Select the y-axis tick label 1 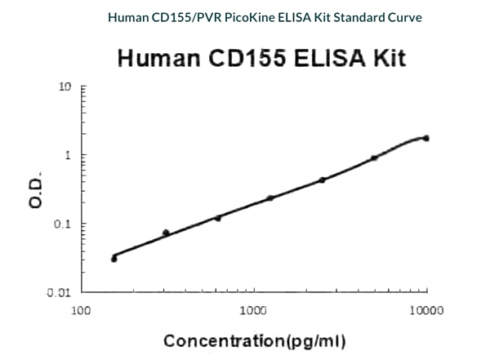pyautogui.click(x=70, y=154)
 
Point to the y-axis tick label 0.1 pyautogui.click(x=65, y=224)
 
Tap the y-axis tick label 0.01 pyautogui.click(x=61, y=292)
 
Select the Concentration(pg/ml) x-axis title pyautogui.click(x=254, y=340)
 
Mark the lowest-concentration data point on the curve pyautogui.click(x=114, y=259)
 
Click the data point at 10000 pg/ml pyautogui.click(x=426, y=138)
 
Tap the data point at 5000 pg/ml pyautogui.click(x=374, y=158)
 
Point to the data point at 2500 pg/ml pyautogui.click(x=323, y=180)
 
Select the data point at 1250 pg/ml pyautogui.click(x=270, y=198)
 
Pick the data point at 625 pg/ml pyautogui.click(x=218, y=218)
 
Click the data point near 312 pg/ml pyautogui.click(x=166, y=233)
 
